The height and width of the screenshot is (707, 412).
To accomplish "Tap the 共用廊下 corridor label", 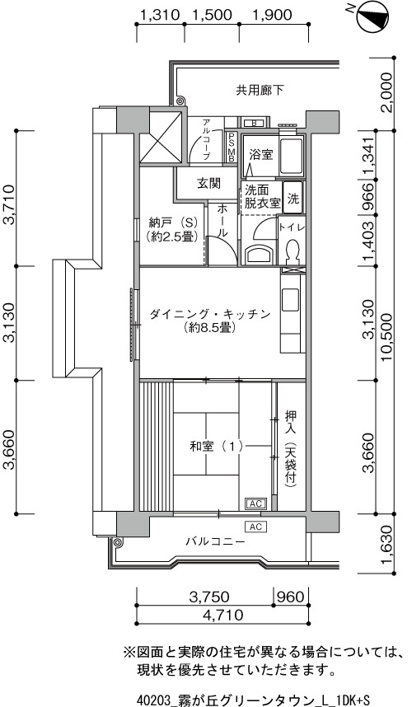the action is tap(260, 90).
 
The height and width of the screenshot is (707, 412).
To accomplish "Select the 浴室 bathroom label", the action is tap(261, 155).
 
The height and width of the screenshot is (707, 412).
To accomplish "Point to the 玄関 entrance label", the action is tap(208, 184).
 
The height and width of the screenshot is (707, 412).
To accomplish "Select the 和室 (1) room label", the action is tap(217, 447).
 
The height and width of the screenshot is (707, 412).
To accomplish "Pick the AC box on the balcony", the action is tap(255, 527).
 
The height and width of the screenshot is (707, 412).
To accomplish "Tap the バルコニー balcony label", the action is tap(215, 541).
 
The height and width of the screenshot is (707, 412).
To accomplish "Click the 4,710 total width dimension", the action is tap(222, 614).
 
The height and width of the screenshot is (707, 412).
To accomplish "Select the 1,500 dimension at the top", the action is tap(212, 15).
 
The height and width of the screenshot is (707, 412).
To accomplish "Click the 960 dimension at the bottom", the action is tap(291, 597).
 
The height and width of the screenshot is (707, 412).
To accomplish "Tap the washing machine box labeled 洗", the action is tap(293, 198).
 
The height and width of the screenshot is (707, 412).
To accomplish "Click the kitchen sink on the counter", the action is tap(291, 299).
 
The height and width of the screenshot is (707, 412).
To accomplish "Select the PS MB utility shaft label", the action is tap(232, 147).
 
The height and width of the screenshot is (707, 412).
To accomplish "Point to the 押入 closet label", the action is tap(290, 419).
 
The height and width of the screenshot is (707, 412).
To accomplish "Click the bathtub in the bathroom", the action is tap(292, 155).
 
